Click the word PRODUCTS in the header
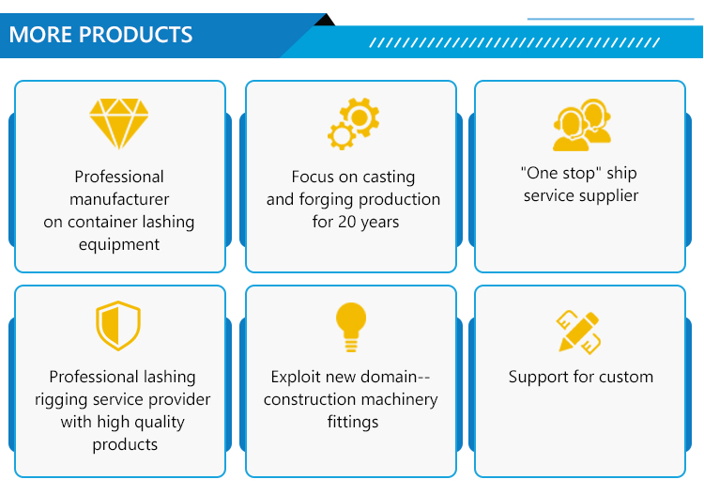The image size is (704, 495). coord(135,36)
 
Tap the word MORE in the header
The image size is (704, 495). coord(40,36)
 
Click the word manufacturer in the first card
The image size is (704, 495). coord(119,199)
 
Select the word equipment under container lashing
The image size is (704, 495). coord(119,244)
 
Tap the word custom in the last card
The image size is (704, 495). coord(624,377)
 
